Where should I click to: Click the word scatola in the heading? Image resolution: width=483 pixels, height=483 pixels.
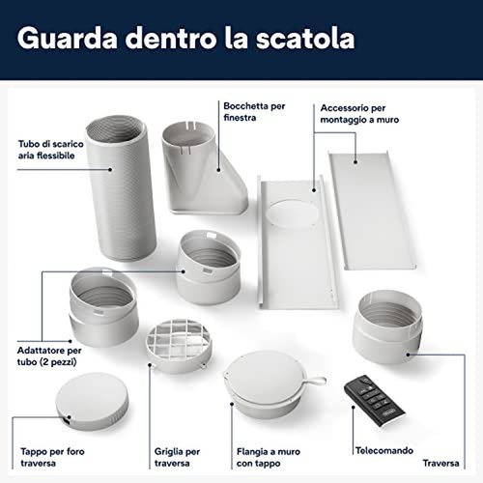click(x=305, y=39)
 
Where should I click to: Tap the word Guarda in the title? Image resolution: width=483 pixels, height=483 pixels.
click(x=68, y=39)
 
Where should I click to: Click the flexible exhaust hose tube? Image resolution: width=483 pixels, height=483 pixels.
click(x=121, y=188)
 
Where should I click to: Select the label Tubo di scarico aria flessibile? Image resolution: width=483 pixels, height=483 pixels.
click(x=50, y=150)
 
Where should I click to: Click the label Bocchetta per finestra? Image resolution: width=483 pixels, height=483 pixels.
click(x=254, y=112)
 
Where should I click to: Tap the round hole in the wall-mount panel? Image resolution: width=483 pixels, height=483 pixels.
click(x=292, y=213)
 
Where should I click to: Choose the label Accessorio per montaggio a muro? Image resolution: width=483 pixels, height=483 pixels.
click(x=359, y=114)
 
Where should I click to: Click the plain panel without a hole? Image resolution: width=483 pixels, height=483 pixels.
click(x=371, y=211)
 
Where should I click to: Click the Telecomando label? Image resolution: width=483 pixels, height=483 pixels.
click(x=384, y=450)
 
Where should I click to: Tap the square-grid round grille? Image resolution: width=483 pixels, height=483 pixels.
click(x=179, y=346)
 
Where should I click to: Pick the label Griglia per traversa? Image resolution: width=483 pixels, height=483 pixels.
click(x=177, y=457)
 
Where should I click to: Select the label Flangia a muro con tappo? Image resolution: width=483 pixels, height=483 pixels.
click(x=269, y=457)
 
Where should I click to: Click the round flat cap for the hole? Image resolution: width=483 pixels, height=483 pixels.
click(x=92, y=401)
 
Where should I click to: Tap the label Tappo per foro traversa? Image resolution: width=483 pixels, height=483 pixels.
click(x=52, y=457)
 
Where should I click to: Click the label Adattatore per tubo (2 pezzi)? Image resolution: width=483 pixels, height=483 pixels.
click(x=49, y=356)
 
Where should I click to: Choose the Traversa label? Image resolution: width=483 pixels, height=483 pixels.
click(x=440, y=464)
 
